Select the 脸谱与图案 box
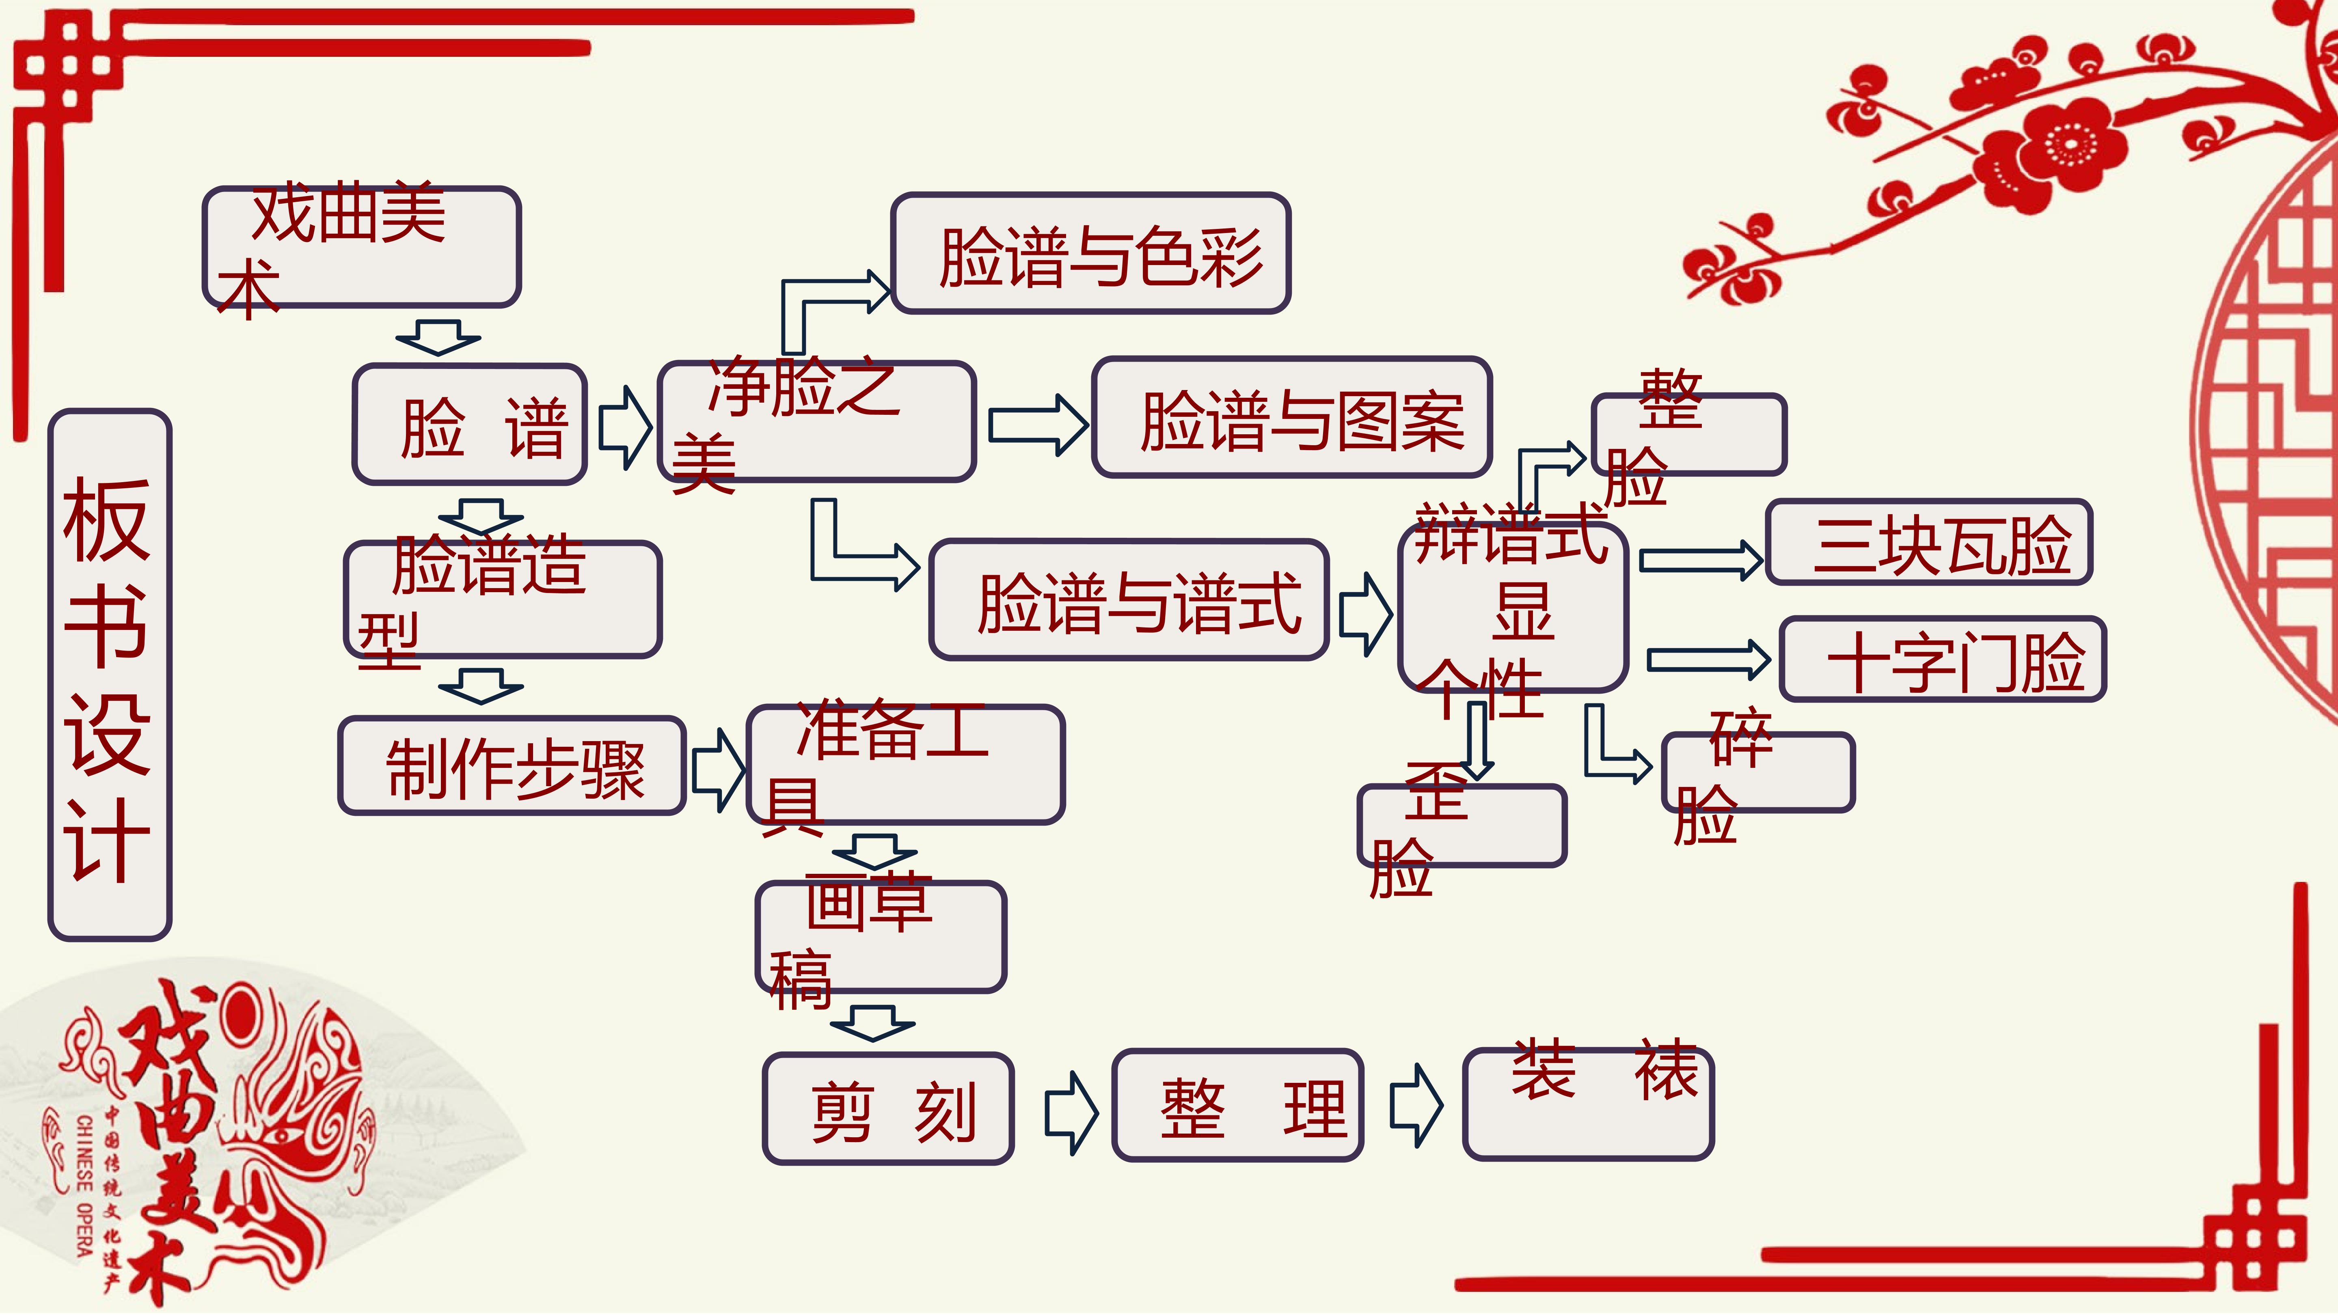coord(1291,418)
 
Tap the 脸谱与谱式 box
coord(1129,600)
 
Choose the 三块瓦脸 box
coord(1929,542)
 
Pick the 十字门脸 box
coord(1942,659)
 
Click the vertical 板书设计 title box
coord(110,674)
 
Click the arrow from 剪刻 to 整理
coord(1072,1112)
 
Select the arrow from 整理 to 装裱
coord(1416,1105)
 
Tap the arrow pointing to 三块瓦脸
coord(1701,560)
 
